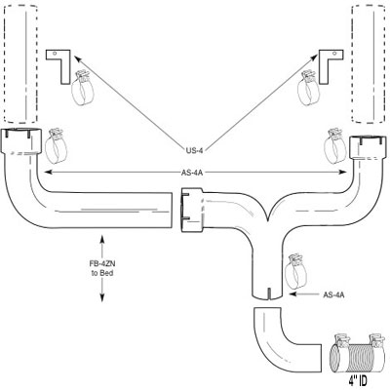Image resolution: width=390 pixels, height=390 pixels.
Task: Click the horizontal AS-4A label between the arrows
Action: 192,173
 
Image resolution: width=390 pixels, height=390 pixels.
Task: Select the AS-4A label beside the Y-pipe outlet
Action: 333,294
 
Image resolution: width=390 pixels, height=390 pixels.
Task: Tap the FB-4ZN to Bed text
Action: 102,268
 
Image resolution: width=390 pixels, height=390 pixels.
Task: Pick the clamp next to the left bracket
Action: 82,88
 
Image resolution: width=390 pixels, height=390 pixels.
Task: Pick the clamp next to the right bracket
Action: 308,88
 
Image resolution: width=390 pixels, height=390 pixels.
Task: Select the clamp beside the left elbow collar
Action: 56,145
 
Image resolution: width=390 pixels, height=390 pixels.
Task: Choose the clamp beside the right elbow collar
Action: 335,145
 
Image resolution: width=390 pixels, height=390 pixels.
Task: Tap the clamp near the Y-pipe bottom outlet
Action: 294,271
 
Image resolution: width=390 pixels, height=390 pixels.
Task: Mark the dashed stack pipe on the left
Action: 20,64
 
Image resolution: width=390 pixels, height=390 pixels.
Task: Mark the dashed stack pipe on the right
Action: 369,64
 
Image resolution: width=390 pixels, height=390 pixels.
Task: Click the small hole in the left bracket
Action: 56,53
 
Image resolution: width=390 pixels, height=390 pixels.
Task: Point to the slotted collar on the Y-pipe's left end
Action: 191,210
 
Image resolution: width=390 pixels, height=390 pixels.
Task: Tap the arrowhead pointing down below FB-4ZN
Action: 102,297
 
